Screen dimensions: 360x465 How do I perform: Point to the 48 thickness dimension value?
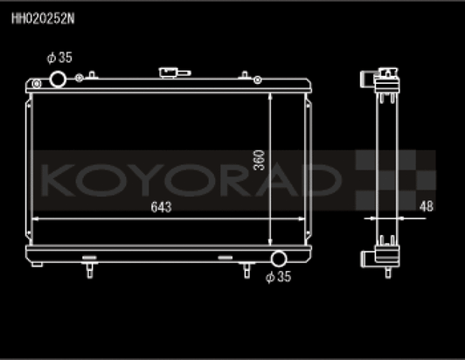pyautogui.click(x=427, y=206)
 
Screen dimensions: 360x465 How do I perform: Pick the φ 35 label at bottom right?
pyautogui.click(x=277, y=278)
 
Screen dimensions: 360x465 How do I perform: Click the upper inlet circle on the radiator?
pyautogui.click(x=59, y=80)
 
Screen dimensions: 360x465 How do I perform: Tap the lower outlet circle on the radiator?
pyautogui.click(x=279, y=259)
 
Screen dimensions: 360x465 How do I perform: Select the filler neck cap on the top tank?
pyautogui.click(x=168, y=73)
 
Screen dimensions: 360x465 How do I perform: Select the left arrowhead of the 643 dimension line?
pyautogui.click(x=38, y=218)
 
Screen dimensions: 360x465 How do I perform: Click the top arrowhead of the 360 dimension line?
pyautogui.click(x=271, y=96)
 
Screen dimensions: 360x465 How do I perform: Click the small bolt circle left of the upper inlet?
pyautogui.click(x=36, y=82)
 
